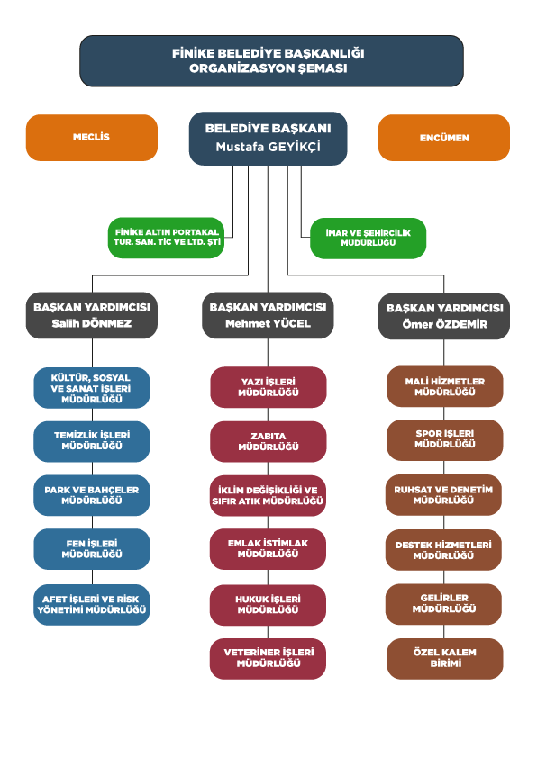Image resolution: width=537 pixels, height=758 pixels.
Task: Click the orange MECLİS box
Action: click(x=91, y=138)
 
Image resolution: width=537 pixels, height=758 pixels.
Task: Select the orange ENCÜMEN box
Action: click(x=443, y=138)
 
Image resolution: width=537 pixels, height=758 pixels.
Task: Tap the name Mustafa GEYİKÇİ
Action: click(x=268, y=147)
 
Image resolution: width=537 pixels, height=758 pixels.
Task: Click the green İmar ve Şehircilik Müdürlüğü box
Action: click(x=369, y=238)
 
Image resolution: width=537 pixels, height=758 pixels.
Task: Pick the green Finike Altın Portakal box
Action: click(x=166, y=238)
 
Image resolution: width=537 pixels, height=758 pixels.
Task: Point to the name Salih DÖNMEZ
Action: click(x=91, y=323)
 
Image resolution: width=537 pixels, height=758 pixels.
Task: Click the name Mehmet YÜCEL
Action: click(x=268, y=323)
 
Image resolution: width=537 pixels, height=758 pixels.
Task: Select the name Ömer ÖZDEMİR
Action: click(x=444, y=324)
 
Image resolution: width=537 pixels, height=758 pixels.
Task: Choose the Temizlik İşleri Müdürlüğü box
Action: click(x=91, y=441)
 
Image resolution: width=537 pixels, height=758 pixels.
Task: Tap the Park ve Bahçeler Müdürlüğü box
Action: click(x=91, y=495)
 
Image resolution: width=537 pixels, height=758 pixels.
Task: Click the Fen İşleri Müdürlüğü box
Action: click(x=91, y=549)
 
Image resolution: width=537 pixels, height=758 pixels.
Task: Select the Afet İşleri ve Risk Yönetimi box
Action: click(x=91, y=605)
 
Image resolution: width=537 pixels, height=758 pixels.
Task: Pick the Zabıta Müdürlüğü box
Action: click(x=268, y=441)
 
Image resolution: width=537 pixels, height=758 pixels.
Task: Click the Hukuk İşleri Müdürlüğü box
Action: click(x=268, y=605)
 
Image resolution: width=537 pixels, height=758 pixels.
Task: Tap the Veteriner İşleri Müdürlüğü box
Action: click(x=268, y=658)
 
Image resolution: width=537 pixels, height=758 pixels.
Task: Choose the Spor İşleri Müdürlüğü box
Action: click(x=444, y=440)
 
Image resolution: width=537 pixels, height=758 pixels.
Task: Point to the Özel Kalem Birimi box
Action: click(x=444, y=658)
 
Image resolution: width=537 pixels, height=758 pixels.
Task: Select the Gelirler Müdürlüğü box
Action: click(x=443, y=604)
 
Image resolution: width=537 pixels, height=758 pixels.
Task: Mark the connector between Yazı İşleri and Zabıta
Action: click(x=268, y=414)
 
